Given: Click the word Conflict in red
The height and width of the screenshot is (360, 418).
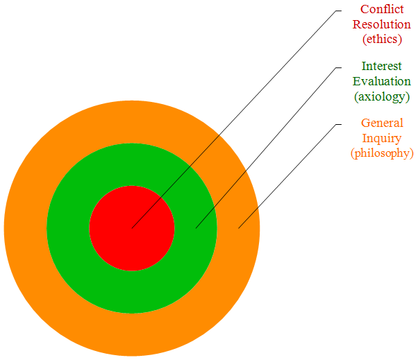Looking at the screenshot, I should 382,10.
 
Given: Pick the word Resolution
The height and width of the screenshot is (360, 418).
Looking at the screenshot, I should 382,24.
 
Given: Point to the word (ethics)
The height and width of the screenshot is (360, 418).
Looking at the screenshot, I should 382,39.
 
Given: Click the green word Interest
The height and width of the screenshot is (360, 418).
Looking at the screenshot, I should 382,67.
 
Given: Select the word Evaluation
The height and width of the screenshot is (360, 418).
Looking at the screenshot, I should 382,81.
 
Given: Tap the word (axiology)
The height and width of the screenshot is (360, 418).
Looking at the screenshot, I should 382,96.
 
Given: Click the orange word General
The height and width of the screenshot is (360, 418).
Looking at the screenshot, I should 382,123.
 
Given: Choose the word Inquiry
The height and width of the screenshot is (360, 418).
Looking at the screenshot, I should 382,138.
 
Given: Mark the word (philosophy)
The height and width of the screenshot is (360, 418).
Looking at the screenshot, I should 382,153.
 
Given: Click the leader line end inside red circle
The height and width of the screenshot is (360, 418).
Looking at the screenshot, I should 132,228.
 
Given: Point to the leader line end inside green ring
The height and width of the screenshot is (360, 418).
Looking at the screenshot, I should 196,228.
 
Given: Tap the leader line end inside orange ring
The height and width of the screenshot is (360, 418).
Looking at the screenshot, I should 238,228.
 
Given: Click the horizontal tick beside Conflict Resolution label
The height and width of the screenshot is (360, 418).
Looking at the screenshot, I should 337,10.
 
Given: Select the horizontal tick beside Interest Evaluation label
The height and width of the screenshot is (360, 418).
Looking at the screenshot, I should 337,67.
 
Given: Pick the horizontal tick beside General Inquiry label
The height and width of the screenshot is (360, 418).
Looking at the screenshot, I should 337,124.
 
